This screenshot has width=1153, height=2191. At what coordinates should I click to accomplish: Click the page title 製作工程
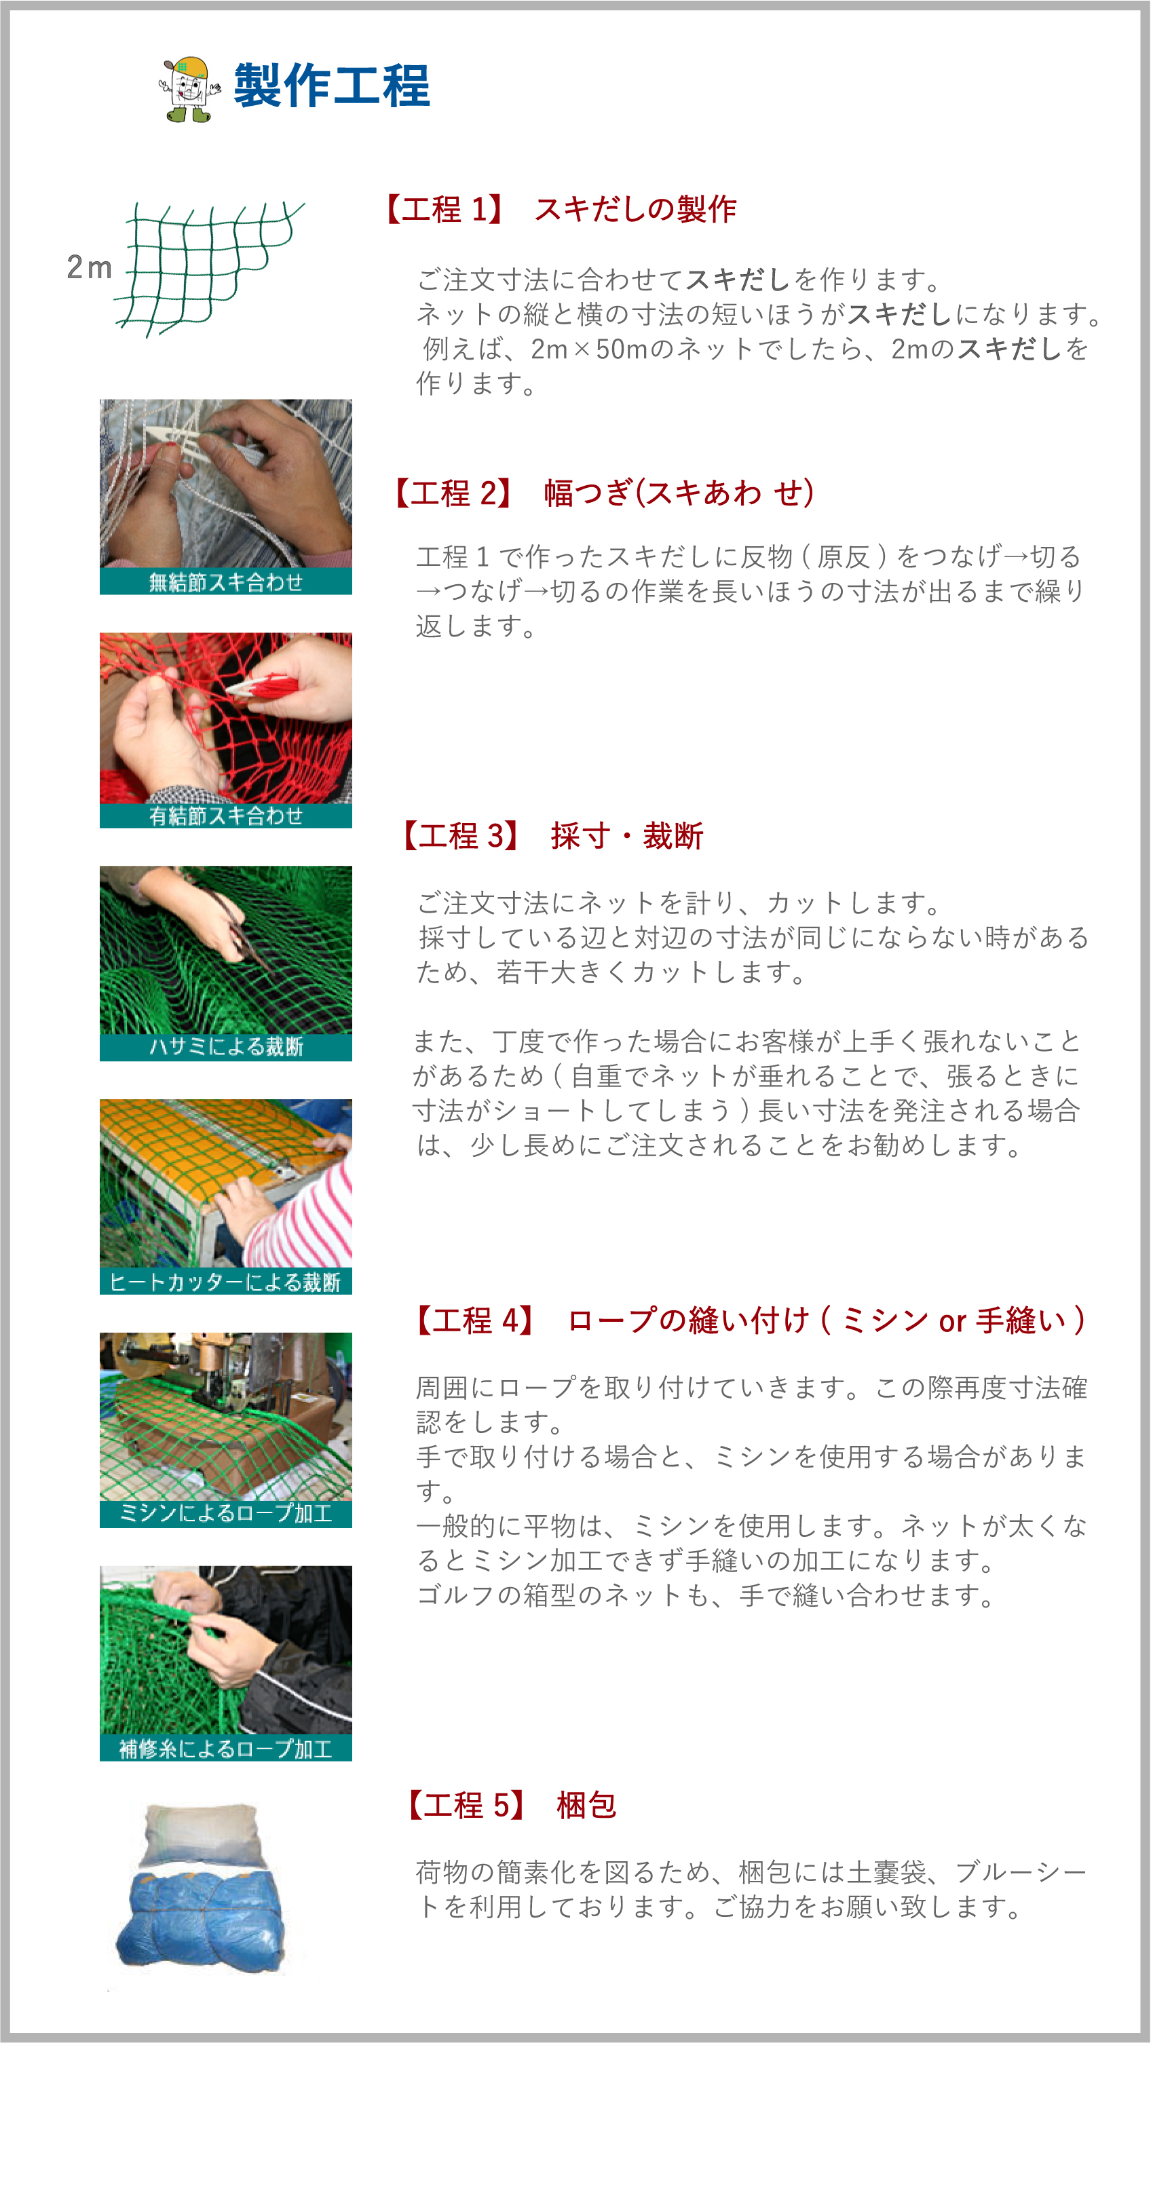click(x=332, y=86)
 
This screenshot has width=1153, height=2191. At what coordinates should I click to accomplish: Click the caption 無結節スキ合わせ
click(x=225, y=582)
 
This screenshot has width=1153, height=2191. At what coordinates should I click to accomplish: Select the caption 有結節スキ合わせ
click(x=225, y=816)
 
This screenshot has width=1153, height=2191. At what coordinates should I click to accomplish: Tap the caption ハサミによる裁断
click(x=225, y=1047)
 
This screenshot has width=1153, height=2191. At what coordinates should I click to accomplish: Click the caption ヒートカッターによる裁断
click(x=225, y=1282)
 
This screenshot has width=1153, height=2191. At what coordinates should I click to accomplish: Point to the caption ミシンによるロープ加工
click(x=225, y=1514)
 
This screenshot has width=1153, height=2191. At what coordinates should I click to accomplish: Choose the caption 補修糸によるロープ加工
click(x=225, y=1749)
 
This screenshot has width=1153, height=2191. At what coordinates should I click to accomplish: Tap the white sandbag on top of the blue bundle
click(x=202, y=1835)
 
